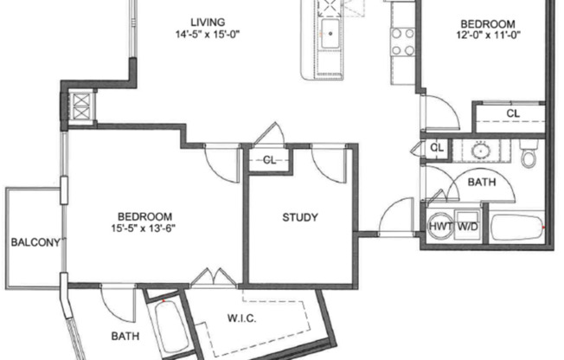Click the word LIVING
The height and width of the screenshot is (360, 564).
click(x=208, y=22)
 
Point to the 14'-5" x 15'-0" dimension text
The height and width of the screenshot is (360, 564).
click(x=208, y=35)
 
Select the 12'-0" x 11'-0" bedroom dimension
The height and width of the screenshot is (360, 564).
click(x=488, y=37)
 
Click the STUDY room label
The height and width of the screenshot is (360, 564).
click(x=299, y=217)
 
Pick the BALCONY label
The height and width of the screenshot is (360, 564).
click(x=35, y=242)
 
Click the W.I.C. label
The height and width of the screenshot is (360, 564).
click(x=241, y=317)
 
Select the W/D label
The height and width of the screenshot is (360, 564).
click(x=467, y=226)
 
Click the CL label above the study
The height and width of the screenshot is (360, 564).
click(x=269, y=159)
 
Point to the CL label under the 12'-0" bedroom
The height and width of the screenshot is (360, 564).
click(x=513, y=113)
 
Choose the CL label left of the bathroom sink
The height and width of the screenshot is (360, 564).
click(x=437, y=148)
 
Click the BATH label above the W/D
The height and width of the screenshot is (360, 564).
click(x=481, y=183)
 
